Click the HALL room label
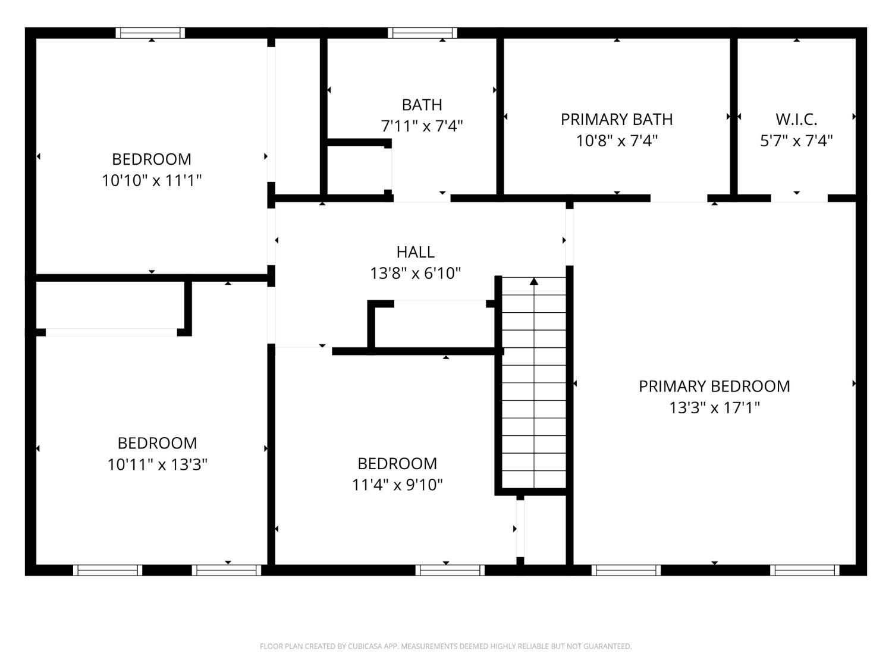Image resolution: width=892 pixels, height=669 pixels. (415, 252)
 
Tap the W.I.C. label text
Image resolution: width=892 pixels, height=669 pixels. (796, 120)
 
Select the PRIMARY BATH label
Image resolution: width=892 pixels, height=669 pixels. (617, 120)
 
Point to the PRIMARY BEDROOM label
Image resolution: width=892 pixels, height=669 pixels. (714, 387)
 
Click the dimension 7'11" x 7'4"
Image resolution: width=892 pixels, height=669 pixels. (422, 126)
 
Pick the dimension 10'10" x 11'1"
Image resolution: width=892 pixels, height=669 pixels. (152, 180)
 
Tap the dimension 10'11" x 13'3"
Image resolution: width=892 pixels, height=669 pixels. (157, 464)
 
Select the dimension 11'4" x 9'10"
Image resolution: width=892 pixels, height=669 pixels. (397, 485)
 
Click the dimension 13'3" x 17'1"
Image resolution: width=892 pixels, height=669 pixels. (714, 407)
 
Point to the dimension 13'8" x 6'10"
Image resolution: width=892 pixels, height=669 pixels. (415, 274)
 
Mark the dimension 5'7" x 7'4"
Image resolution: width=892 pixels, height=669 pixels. (796, 140)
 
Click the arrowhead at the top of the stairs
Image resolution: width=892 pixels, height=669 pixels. (534, 281)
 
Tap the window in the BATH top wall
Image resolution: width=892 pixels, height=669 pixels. (423, 33)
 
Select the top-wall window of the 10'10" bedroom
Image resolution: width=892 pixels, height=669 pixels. (150, 33)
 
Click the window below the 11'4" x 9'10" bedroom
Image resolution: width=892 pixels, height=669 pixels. (450, 570)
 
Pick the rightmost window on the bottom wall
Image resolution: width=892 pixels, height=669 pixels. (805, 570)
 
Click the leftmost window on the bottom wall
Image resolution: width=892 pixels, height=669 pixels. (108, 570)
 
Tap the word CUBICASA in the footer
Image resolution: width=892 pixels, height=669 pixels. (365, 646)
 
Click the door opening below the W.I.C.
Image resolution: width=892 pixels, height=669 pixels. (799, 199)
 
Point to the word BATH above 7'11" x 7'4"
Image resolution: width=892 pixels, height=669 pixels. (422, 105)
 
